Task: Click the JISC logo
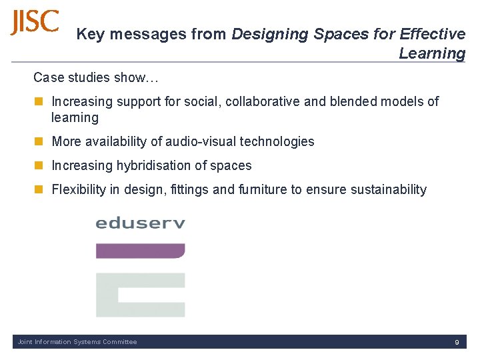click(x=35, y=22)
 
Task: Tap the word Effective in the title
click(x=432, y=34)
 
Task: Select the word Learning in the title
click(x=432, y=53)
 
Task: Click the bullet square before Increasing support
click(x=39, y=102)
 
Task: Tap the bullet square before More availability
click(x=39, y=141)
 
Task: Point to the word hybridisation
click(x=158, y=165)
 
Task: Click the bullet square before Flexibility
click(x=39, y=190)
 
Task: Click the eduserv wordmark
click(x=140, y=223)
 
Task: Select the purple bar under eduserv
click(x=140, y=251)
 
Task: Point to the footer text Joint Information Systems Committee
click(x=77, y=342)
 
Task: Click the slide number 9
click(x=457, y=342)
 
